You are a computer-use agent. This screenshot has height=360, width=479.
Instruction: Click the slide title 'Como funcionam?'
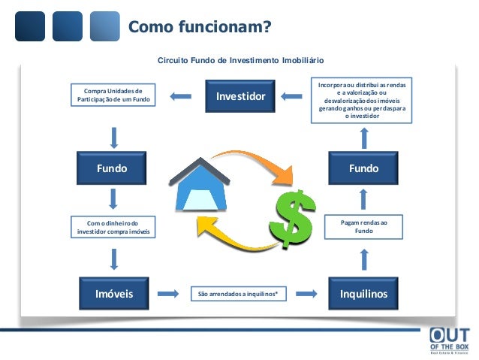click(200, 28)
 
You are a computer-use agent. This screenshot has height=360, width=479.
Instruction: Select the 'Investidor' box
click(240, 96)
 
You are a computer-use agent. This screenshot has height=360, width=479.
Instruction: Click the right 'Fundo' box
click(363, 169)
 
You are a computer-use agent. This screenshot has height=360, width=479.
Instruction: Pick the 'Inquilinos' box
click(363, 293)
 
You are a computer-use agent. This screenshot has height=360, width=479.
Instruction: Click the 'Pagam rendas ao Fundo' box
click(363, 226)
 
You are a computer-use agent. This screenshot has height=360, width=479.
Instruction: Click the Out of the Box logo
click(450, 342)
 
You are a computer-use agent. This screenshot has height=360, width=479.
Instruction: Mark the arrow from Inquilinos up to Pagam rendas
click(363, 259)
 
